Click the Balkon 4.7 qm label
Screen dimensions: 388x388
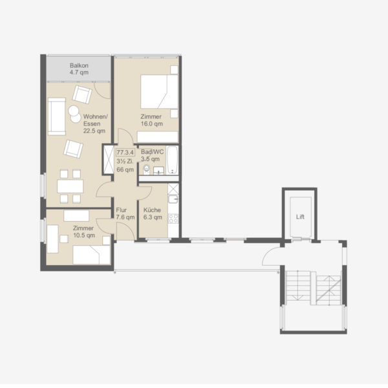[79, 69]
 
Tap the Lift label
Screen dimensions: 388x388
[300, 217]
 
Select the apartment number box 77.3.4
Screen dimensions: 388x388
[125, 152]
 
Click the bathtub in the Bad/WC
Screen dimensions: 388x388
[172, 160]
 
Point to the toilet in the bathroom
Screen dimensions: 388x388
[147, 169]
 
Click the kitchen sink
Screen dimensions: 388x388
[173, 199]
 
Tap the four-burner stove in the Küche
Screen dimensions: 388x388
[173, 219]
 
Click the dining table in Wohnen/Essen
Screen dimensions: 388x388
[70, 186]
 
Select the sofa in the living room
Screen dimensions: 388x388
[57, 116]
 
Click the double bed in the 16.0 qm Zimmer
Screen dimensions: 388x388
[159, 92]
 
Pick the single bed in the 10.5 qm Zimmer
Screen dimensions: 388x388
[92, 255]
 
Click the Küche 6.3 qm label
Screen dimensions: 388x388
[153, 213]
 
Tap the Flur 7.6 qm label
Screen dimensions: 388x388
[125, 213]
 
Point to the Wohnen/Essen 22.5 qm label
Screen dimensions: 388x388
[95, 124]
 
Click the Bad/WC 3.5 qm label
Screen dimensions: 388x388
[152, 155]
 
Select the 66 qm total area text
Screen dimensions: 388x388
[125, 169]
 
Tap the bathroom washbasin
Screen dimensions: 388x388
[158, 171]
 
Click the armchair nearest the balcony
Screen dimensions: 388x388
[82, 94]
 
